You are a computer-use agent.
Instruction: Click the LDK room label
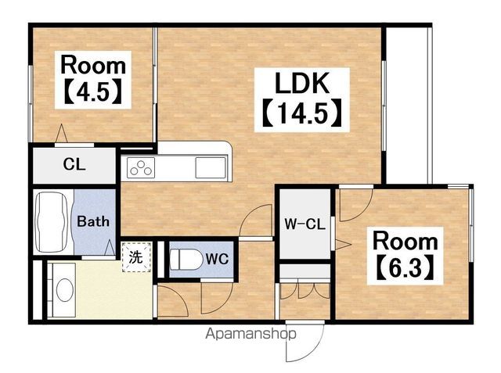302,83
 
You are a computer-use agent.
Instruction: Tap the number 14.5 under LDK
302,114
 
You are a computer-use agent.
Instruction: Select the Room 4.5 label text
93,79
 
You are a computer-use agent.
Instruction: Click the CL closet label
74,165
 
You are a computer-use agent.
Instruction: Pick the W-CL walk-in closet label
305,224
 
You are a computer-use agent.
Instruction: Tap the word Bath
93,221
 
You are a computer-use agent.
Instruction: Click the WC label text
218,259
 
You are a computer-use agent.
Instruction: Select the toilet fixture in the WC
186,259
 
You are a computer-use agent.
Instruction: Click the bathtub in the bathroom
52,222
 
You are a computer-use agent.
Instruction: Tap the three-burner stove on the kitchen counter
141,168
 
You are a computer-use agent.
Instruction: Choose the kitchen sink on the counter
211,168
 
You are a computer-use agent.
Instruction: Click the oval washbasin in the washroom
65,290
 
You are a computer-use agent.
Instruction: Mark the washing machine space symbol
136,257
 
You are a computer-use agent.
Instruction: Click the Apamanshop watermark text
250,334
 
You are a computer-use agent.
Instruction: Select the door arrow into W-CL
342,245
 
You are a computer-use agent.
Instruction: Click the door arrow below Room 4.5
61,133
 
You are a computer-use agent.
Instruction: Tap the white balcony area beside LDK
407,106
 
